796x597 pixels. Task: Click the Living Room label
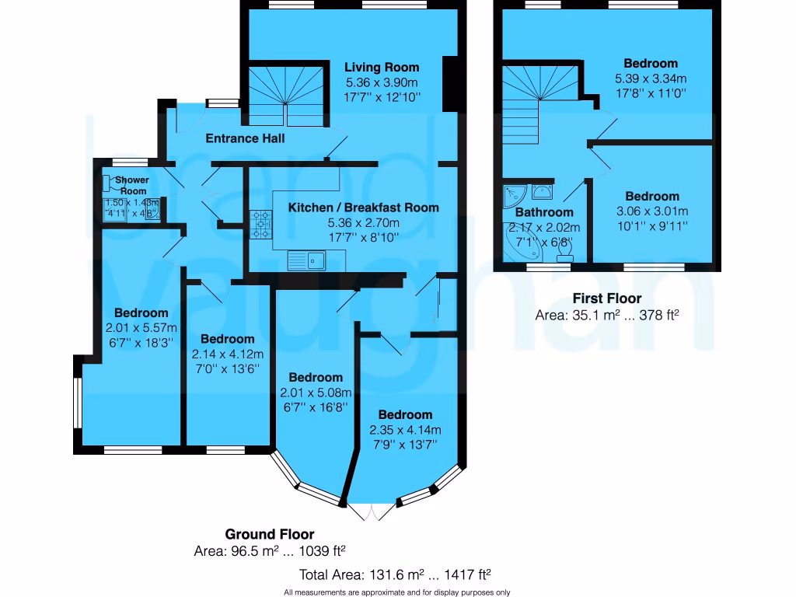click(382, 68)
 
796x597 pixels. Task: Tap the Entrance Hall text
click(245, 139)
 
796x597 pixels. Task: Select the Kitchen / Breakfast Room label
click(363, 208)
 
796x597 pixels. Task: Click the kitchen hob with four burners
click(260, 223)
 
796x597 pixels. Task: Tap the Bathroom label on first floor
click(544, 212)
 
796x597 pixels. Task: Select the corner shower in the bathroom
click(515, 194)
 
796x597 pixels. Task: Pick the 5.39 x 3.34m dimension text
click(651, 79)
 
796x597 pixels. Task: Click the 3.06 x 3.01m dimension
click(652, 211)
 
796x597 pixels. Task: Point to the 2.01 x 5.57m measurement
click(141, 327)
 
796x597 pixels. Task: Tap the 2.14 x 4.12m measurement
click(227, 354)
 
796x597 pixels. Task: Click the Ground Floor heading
click(270, 534)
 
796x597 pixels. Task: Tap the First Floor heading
click(607, 298)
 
